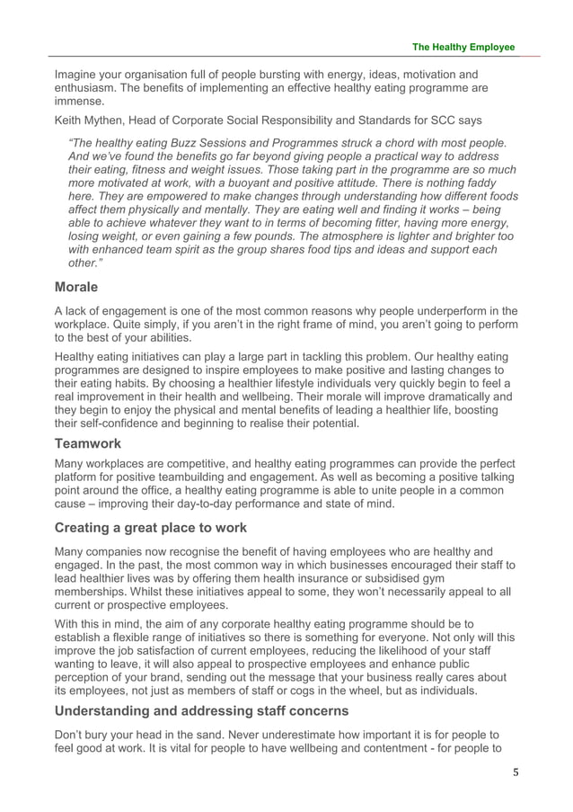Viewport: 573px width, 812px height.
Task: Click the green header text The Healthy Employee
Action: click(463, 47)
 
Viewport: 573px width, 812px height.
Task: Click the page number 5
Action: click(513, 772)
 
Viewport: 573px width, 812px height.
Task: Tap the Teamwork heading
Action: click(88, 443)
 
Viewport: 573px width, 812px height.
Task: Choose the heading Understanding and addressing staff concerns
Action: click(200, 709)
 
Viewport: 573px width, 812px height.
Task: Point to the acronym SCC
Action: click(445, 120)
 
